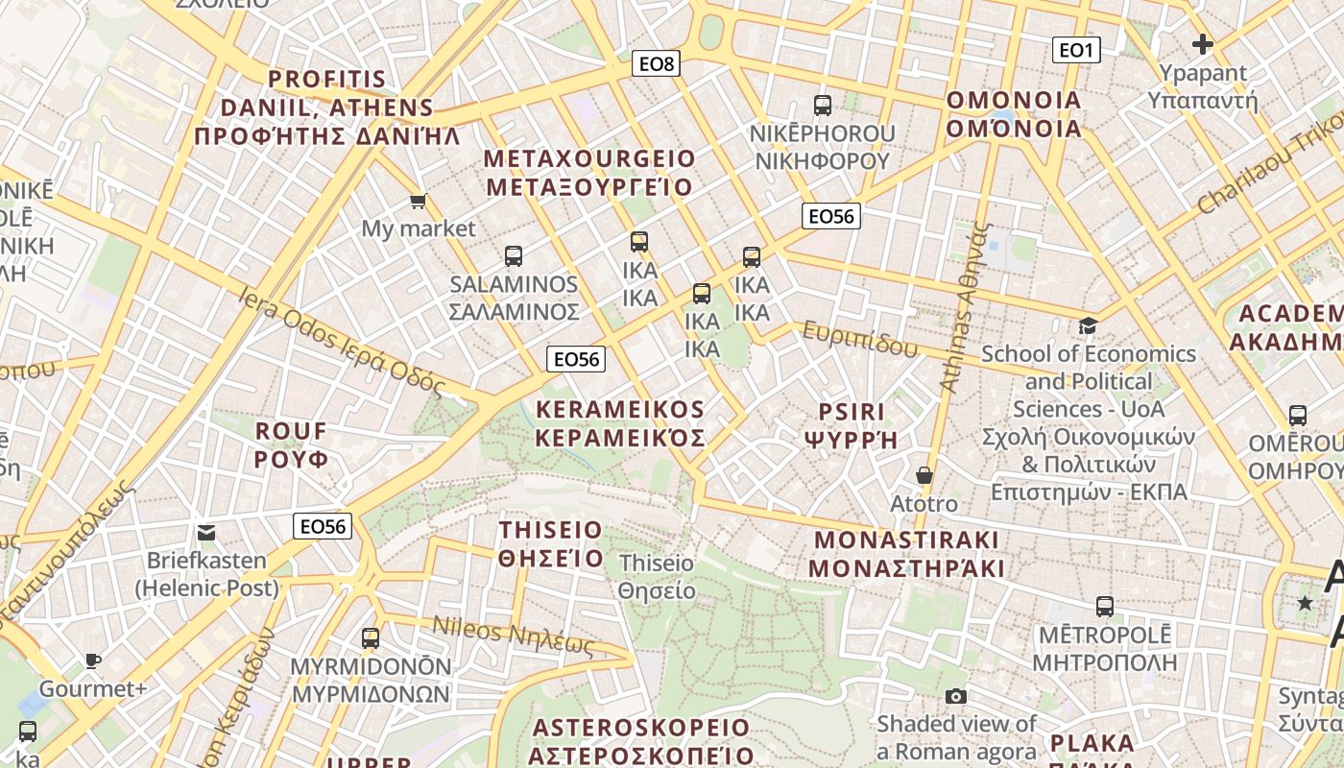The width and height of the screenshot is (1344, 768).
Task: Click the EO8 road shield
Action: tap(658, 64)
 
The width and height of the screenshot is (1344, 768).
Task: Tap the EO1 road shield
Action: tap(1075, 50)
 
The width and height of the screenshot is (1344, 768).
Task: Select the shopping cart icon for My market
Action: tap(418, 201)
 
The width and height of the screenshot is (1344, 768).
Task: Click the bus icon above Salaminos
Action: tap(514, 256)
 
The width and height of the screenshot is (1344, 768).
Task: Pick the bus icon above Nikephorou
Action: tap(823, 106)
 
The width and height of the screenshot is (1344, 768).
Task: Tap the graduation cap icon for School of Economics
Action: tap(1088, 326)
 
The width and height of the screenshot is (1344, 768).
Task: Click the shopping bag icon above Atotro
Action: tap(924, 475)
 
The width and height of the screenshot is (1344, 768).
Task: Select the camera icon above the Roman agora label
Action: tap(956, 696)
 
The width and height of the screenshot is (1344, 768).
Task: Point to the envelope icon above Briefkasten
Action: tap(206, 533)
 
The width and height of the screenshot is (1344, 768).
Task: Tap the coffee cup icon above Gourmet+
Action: tap(92, 660)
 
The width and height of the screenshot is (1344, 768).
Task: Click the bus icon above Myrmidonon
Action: tap(371, 638)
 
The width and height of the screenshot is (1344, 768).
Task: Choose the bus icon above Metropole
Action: tap(1105, 607)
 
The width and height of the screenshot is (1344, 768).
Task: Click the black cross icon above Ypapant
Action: tap(1202, 44)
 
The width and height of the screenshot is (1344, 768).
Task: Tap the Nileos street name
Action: tap(513, 636)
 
